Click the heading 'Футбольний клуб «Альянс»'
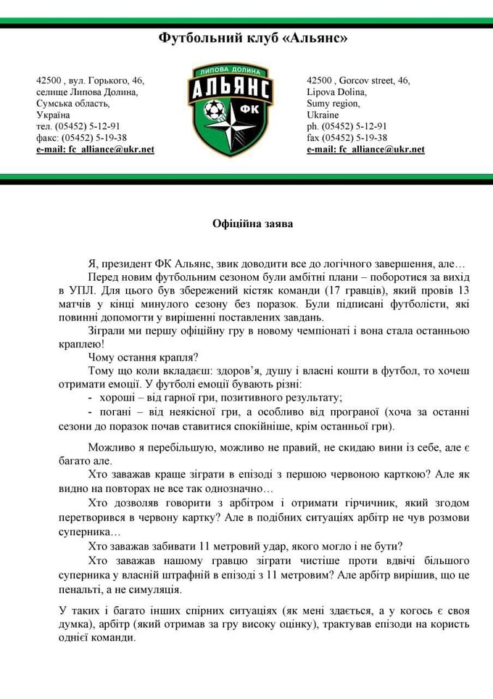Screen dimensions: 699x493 [x=253, y=38]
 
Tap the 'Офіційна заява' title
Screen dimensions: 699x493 [x=253, y=224]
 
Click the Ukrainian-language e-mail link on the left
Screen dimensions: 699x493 [x=95, y=150]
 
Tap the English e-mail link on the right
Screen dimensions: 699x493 [x=365, y=150]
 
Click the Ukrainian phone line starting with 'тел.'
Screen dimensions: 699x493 [x=78, y=126]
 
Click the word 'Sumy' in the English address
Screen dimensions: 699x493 [x=319, y=103]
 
